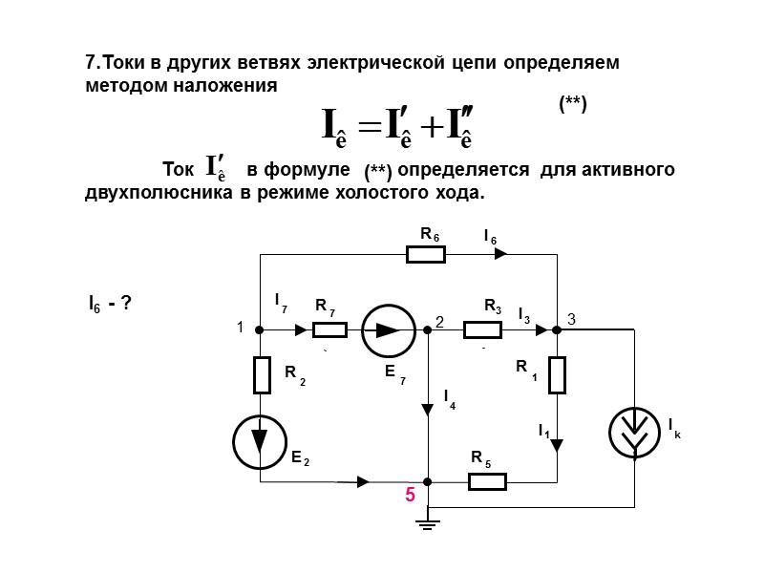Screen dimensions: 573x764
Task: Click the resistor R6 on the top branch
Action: point(426,254)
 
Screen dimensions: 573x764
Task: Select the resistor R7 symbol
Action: point(329,330)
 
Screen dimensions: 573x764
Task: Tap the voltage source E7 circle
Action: point(387,330)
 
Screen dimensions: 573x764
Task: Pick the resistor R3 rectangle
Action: point(482,330)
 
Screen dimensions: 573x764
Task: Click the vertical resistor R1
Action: point(557,373)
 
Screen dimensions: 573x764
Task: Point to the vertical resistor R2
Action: point(261,374)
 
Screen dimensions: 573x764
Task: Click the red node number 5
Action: point(410,497)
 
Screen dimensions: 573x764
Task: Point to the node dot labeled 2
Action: point(429,330)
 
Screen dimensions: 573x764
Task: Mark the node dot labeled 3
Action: point(557,330)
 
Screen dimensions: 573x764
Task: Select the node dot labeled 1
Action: point(260,330)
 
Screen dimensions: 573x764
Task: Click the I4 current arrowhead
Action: point(429,410)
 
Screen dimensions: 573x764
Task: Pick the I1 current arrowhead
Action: point(557,445)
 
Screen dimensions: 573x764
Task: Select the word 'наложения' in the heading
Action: point(234,86)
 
